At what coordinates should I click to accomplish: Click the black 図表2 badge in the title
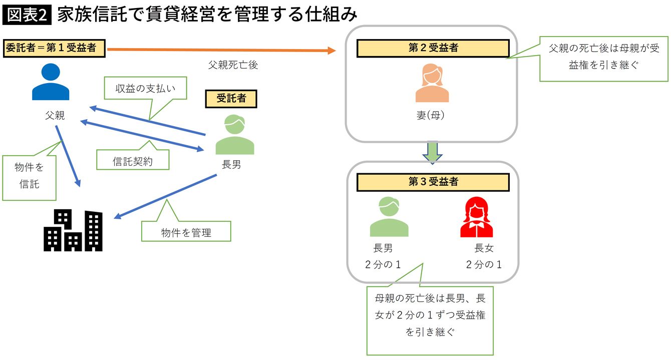tap(28, 15)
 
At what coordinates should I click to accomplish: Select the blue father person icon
tap(50, 82)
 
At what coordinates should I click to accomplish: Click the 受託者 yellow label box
tap(231, 99)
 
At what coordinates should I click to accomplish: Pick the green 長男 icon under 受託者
tap(234, 135)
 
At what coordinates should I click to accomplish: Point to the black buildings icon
tap(74, 231)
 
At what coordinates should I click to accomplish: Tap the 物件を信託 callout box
tap(29, 176)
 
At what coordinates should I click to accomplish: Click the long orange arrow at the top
tap(220, 50)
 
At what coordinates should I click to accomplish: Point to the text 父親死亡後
tap(233, 65)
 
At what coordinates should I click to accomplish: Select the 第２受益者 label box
tap(433, 48)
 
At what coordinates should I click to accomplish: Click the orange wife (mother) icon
tap(432, 83)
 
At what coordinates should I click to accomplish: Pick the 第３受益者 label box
tap(433, 182)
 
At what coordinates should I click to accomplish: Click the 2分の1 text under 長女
tap(483, 265)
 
